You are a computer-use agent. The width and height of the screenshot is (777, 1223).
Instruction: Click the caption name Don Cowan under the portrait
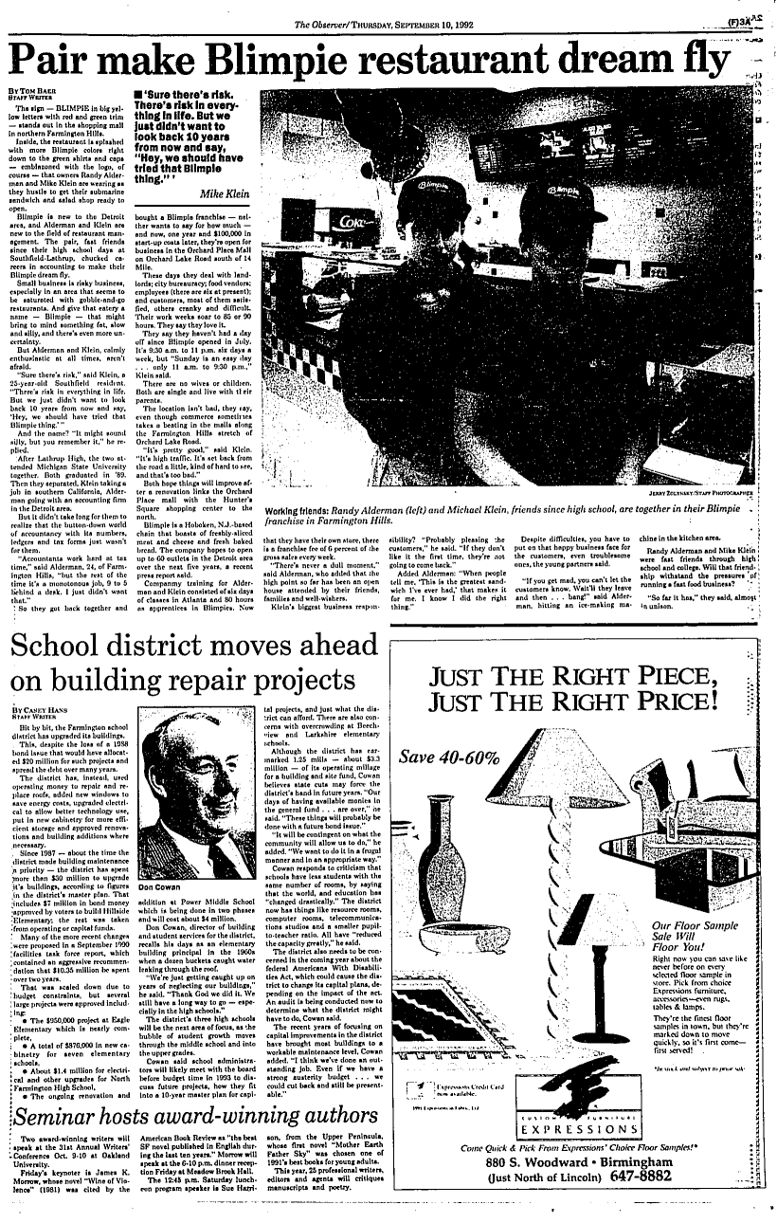[160, 889]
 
